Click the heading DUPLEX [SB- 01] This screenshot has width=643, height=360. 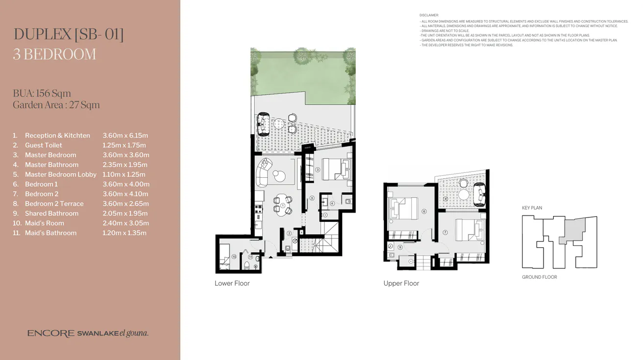[68, 34]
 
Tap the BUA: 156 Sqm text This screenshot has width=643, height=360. [42, 94]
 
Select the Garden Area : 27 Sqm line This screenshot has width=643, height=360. [56, 105]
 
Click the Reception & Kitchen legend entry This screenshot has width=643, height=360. [57, 136]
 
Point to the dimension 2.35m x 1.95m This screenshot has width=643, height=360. [125, 165]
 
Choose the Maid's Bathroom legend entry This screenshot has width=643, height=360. [50, 233]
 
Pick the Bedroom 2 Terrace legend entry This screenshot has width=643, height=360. [54, 204]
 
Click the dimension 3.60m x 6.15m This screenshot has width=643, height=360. [125, 136]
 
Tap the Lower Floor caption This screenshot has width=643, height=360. [232, 284]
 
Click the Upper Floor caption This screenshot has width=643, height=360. [401, 284]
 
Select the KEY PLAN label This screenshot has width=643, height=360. [532, 208]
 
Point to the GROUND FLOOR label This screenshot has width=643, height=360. [539, 277]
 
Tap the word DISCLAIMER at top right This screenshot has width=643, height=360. [429, 16]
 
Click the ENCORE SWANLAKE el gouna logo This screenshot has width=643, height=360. [88, 334]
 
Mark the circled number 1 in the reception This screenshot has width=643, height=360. [282, 205]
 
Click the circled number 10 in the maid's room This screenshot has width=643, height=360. [234, 256]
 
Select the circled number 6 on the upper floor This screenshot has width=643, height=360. [424, 211]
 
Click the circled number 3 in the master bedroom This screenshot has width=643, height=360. [318, 170]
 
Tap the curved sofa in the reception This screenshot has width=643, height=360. [263, 171]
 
